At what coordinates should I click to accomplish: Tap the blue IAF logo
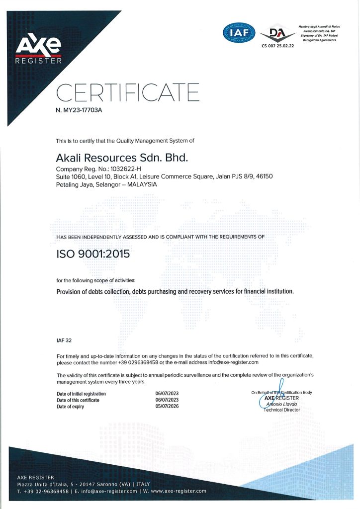(x=239, y=34)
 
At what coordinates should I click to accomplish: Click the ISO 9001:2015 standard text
(x=93, y=254)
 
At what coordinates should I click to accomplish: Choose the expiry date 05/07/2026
(x=167, y=407)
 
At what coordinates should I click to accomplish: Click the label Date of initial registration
(x=81, y=394)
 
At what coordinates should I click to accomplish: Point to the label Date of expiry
(x=70, y=407)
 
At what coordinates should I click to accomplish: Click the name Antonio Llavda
(x=282, y=404)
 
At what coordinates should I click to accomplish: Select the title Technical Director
(x=282, y=410)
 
